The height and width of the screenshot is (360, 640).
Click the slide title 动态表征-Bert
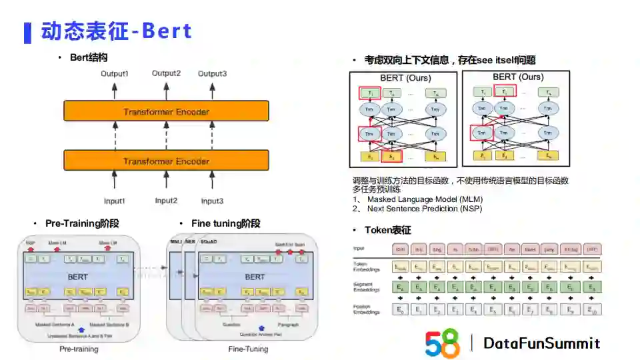click(x=117, y=31)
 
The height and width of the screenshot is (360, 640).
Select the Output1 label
click(x=114, y=73)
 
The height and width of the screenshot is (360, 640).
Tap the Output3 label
click(x=212, y=73)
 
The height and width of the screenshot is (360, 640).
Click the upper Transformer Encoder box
click(x=166, y=111)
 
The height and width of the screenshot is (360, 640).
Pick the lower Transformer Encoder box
click(x=166, y=161)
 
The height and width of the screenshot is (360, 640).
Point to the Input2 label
click(x=166, y=201)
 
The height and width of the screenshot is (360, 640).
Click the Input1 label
click(x=114, y=201)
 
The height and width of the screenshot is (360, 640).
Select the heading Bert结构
click(x=89, y=57)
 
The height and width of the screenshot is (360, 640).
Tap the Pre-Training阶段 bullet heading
click(x=82, y=223)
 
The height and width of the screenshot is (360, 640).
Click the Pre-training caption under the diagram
click(x=79, y=349)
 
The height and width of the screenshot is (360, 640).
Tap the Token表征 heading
click(x=387, y=230)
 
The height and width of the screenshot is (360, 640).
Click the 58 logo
click(x=443, y=343)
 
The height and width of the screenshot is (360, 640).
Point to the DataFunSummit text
click(x=541, y=343)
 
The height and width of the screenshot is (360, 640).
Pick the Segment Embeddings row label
click(x=367, y=287)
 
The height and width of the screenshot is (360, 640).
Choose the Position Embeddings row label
click(x=367, y=309)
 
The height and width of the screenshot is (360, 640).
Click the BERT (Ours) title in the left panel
click(x=405, y=78)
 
